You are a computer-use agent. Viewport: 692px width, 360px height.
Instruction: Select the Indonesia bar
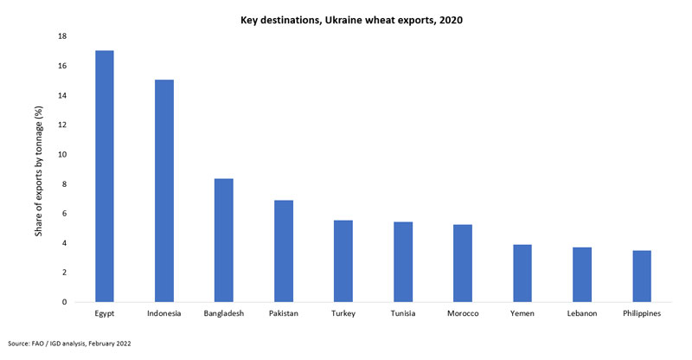click(163, 191)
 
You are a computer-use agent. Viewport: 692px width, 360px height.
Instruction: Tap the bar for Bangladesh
click(223, 241)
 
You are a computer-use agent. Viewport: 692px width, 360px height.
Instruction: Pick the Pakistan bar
click(283, 251)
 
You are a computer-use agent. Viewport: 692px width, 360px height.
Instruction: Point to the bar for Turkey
click(343, 261)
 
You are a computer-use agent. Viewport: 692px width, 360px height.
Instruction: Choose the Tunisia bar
click(402, 262)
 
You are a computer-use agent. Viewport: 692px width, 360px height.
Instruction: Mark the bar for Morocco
click(462, 263)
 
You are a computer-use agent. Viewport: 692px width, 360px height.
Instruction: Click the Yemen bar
click(522, 273)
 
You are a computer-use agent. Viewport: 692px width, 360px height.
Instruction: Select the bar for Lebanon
click(581, 275)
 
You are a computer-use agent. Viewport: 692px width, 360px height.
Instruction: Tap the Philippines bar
click(641, 276)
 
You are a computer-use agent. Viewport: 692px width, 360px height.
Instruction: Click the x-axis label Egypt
click(104, 313)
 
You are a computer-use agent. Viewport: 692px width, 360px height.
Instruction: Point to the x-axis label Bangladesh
click(223, 313)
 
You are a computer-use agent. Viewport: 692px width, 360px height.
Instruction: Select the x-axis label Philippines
click(641, 313)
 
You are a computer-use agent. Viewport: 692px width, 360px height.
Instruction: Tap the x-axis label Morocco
click(462, 313)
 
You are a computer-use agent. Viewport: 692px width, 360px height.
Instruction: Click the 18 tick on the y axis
click(61, 36)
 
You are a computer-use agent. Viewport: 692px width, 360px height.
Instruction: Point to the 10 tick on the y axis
click(61, 155)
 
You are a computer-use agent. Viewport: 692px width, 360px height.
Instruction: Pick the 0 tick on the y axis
click(63, 302)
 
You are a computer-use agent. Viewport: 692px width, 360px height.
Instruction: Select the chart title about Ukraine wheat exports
click(345, 20)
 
